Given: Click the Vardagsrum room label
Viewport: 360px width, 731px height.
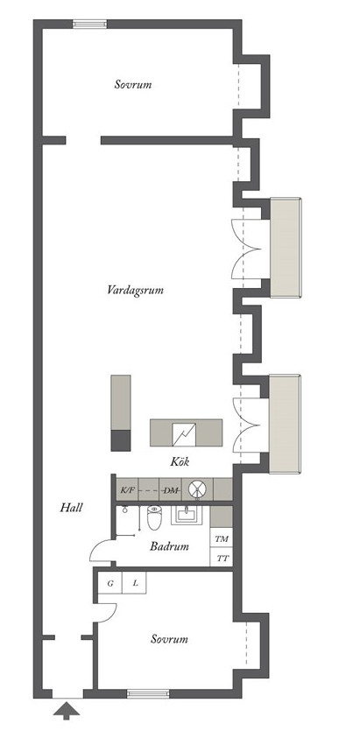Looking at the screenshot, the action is point(135,291).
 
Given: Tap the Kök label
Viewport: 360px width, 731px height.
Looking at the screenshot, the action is point(180,462).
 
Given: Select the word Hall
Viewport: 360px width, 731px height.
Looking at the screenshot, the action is point(71,507).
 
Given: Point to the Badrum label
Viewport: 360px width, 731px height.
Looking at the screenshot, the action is point(169,546).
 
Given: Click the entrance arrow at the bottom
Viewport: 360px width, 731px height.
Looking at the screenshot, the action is point(67,711).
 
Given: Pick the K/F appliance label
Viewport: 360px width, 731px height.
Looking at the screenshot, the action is point(127,490).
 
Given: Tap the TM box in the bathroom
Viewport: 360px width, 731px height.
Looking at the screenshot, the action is point(222,538).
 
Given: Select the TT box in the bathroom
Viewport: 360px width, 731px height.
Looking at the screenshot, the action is point(222,558).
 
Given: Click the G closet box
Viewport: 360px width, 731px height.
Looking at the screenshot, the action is point(110,583).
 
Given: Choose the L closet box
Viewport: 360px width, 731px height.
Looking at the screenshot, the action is point(135,583).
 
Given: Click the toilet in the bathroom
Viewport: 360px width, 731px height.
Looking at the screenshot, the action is point(154,517).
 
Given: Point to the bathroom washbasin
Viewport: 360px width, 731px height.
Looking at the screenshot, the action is point(187,515).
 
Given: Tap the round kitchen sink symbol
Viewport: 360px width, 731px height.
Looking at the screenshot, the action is point(197,489).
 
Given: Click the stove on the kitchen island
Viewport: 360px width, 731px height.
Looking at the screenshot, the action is point(184,433).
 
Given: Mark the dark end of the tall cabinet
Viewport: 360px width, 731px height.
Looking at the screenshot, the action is point(121,440).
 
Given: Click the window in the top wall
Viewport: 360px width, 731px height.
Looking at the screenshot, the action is point(90,24).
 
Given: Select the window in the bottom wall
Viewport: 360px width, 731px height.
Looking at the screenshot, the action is point(148,693).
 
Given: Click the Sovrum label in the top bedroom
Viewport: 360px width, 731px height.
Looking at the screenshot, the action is point(133,85).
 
